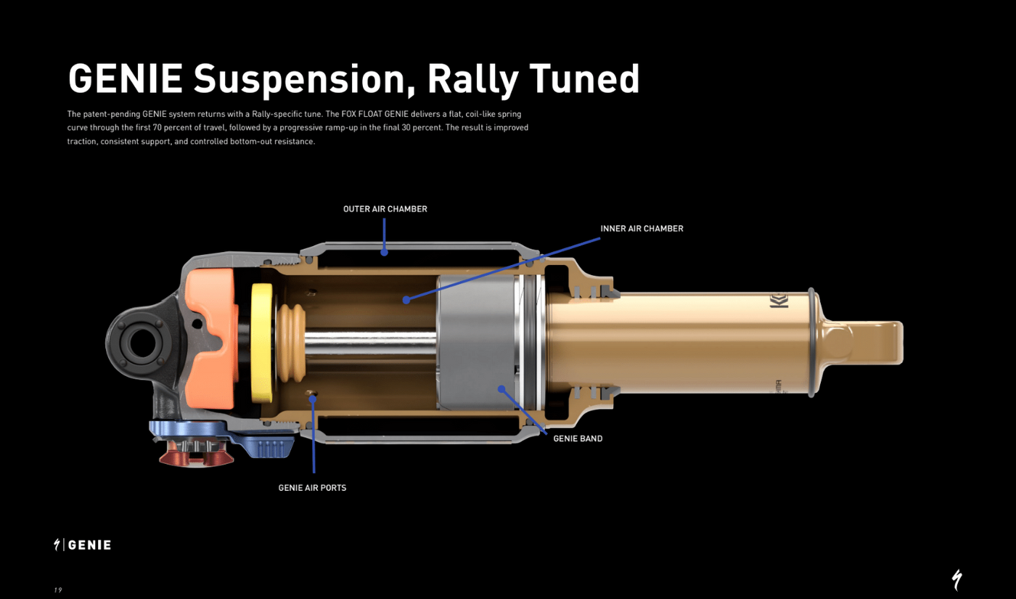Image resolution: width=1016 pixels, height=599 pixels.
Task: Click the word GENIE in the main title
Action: (x=125, y=79)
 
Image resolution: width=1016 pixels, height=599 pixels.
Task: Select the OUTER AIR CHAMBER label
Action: (x=385, y=209)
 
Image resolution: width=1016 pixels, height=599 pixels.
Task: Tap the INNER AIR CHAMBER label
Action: (x=642, y=229)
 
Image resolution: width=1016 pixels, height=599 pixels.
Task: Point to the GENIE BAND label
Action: (x=578, y=439)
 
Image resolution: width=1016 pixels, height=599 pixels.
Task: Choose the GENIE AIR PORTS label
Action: (x=312, y=488)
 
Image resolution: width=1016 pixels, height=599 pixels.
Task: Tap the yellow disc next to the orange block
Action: (x=262, y=342)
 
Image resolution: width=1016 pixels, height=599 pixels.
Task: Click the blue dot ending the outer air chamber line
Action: (x=385, y=253)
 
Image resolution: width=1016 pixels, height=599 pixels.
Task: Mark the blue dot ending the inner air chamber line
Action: (x=406, y=299)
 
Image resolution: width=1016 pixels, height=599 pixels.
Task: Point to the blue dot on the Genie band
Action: (x=501, y=389)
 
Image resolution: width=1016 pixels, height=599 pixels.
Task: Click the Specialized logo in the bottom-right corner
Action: (x=957, y=580)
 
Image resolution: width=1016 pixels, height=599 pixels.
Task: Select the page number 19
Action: (x=58, y=590)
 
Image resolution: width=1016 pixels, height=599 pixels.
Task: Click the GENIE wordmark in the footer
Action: (x=90, y=545)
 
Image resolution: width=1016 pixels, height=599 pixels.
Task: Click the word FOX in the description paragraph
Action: (x=350, y=115)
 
